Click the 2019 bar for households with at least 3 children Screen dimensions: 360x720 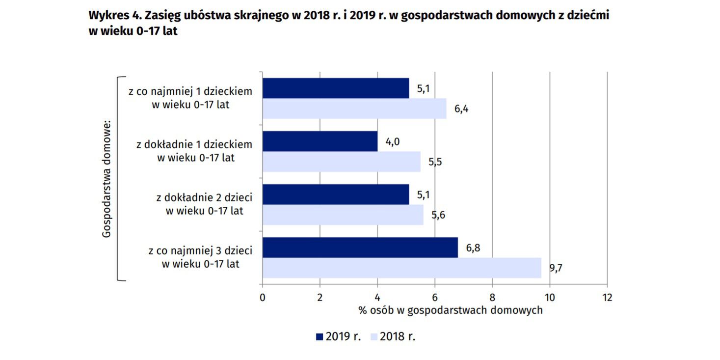click(360, 248)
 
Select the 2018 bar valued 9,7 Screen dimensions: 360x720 click(401, 268)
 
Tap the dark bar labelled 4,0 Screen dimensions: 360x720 click(320, 141)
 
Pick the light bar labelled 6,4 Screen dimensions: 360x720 click(354, 109)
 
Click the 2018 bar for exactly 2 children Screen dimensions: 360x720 click(343, 215)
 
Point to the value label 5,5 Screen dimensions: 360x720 click(435, 162)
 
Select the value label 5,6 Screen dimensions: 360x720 click(438, 215)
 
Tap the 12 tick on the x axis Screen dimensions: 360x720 click(607, 297)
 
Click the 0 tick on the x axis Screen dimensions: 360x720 click(263, 297)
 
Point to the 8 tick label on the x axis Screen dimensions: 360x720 click(492, 297)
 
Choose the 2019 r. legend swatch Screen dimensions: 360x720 click(319, 337)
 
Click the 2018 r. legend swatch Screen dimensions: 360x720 click(373, 337)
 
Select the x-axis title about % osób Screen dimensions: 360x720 click(450, 310)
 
